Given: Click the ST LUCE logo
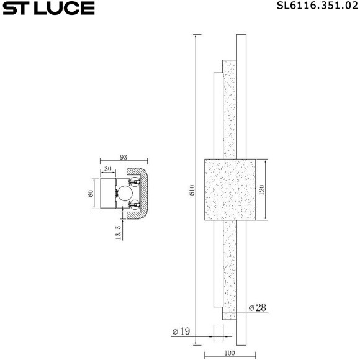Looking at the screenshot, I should tap(48, 8).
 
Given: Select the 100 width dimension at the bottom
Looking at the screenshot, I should tap(230, 354).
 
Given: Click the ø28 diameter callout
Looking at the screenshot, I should tap(257, 308).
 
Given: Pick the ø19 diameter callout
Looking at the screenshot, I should tap(181, 331).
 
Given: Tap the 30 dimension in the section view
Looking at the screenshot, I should tap(108, 169).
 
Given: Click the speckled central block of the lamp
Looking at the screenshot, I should tap(230, 189).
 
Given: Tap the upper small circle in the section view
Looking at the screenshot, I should tap(133, 182).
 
